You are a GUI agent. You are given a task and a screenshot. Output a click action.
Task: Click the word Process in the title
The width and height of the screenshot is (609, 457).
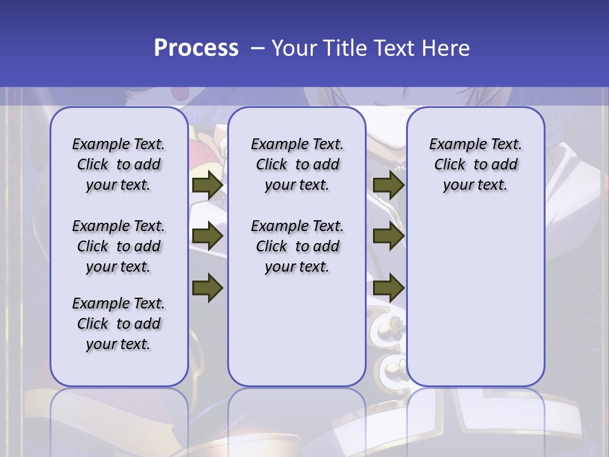(196, 48)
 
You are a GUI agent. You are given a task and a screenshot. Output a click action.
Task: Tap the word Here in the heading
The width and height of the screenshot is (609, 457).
(446, 48)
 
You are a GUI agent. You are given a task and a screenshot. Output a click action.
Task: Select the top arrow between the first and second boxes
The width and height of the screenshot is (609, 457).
(207, 185)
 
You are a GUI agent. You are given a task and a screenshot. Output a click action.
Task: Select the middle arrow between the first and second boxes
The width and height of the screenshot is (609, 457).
(207, 237)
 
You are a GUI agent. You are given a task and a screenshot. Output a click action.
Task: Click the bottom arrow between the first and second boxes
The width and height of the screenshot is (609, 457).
(207, 288)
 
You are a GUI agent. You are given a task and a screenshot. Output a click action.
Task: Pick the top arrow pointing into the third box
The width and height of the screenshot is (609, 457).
(388, 185)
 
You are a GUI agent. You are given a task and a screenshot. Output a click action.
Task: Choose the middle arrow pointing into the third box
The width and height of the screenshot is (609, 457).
(388, 237)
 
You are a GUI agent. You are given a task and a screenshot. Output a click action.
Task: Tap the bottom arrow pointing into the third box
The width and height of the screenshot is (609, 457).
(388, 288)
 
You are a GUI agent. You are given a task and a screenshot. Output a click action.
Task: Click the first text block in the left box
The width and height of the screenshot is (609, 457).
(119, 164)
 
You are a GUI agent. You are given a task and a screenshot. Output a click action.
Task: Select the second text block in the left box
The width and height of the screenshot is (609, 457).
(119, 246)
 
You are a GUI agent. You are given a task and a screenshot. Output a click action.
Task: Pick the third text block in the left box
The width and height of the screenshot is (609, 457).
(119, 324)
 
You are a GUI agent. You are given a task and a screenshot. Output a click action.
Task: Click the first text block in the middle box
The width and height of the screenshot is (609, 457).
(297, 164)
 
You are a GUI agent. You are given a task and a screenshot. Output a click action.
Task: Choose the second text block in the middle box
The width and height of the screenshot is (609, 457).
(297, 246)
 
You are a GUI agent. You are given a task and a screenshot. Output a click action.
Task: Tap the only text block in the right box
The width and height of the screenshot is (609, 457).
(476, 164)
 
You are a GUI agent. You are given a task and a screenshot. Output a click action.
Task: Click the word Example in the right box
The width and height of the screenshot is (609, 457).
(453, 144)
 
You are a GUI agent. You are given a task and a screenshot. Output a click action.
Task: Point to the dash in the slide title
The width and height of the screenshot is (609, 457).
(258, 48)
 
